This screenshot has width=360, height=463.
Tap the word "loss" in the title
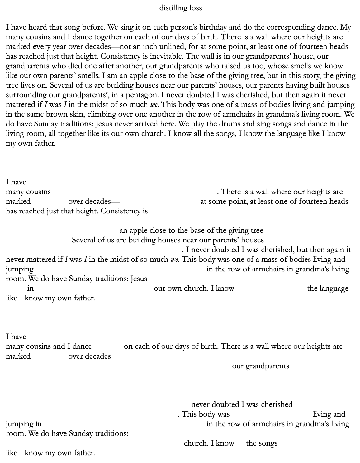click(x=197, y=8)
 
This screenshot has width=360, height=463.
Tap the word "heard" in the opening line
click(x=38, y=27)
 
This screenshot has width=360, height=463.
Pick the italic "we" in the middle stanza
click(x=174, y=260)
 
